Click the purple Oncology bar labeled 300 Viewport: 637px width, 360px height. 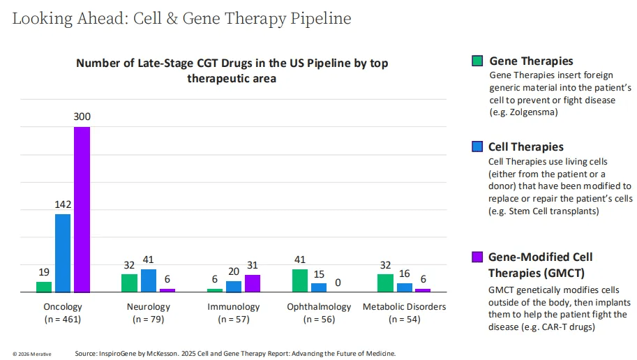[82, 209]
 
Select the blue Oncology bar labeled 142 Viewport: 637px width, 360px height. [63, 253]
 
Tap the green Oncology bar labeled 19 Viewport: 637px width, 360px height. [44, 287]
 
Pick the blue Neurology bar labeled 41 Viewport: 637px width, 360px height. [148, 280]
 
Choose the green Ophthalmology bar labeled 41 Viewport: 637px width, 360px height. [300, 280]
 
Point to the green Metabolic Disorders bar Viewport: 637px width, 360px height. [385, 283]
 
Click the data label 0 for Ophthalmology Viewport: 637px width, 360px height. [338, 283]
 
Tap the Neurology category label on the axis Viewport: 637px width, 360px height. [148, 307]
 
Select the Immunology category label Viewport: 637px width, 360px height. [233, 307]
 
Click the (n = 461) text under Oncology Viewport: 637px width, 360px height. [62, 320]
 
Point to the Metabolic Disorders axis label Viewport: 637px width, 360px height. [404, 307]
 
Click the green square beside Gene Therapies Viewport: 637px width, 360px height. [477, 61]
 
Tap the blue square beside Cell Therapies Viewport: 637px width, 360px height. [477, 147]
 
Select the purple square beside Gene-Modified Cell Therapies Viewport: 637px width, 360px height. [477, 257]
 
